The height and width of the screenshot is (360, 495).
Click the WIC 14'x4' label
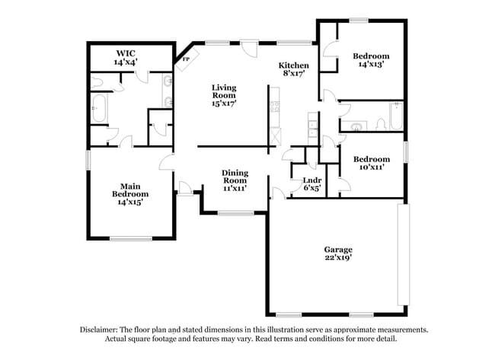pos(126,58)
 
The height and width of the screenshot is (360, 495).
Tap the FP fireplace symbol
pos(184,59)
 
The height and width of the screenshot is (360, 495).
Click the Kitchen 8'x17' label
pos(293,69)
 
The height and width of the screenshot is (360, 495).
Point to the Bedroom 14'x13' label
pos(371,60)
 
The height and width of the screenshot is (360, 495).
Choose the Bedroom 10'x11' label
pos(371,162)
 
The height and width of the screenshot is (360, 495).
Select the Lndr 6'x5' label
pos(311,183)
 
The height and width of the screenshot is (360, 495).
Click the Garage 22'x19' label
pos(338,253)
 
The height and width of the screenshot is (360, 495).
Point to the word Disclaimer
pos(102,330)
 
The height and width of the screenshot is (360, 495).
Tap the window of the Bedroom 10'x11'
pos(407,150)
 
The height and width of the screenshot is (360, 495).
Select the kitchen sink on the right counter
pos(312,127)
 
